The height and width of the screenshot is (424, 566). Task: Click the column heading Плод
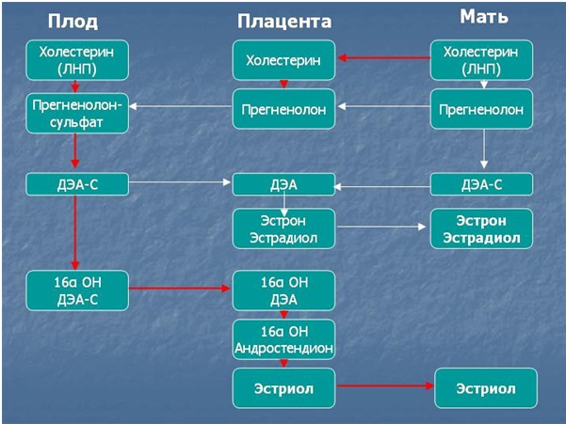(75, 20)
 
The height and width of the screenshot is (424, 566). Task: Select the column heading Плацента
(283, 22)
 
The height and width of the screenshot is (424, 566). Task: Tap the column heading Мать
(484, 17)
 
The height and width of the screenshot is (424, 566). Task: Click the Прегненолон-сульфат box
(75, 113)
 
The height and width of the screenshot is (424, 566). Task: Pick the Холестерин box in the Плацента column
(283, 60)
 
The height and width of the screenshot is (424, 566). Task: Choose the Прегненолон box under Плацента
(283, 110)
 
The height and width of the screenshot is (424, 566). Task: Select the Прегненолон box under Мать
(481, 110)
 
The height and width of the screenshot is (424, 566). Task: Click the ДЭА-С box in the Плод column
(75, 184)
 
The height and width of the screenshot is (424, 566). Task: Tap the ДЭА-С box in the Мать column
(481, 184)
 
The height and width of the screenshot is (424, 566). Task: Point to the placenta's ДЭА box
(283, 184)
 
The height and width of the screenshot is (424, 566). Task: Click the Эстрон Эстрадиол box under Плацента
(283, 228)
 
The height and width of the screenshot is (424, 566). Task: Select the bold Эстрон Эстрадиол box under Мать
(481, 228)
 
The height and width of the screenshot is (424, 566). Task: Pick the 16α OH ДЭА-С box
(75, 289)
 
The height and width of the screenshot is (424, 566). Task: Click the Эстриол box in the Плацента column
(283, 386)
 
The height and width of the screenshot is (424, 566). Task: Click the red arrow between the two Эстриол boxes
(384, 386)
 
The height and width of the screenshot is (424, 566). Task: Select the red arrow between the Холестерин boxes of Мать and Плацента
(383, 58)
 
